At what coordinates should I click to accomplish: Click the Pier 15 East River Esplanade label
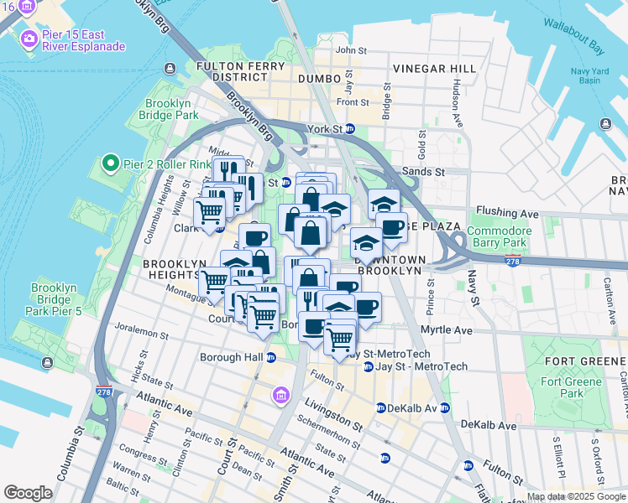click(x=83, y=39)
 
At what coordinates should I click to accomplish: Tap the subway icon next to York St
click(x=350, y=129)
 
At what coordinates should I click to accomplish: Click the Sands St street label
click(x=424, y=171)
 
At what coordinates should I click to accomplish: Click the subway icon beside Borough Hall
click(x=270, y=357)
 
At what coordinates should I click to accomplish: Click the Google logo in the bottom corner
click(x=28, y=493)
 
